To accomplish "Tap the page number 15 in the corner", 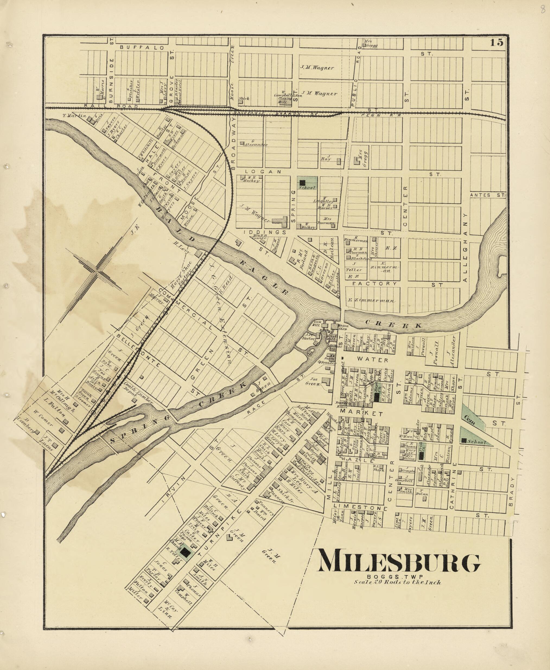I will click(x=497, y=42).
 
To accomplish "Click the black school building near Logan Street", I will click(x=302, y=183).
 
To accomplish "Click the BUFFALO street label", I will click(x=142, y=48).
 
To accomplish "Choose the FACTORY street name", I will click(x=374, y=284).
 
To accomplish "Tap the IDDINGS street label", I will click(x=265, y=232).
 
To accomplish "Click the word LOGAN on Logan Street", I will click(x=263, y=172).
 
